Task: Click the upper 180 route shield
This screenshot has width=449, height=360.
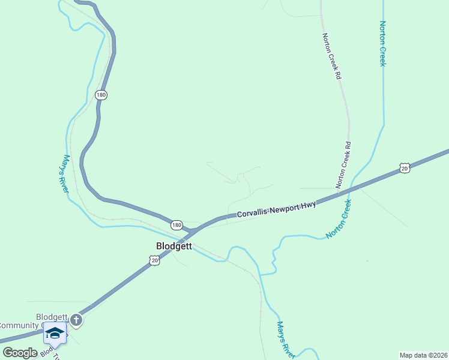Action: click(x=101, y=95)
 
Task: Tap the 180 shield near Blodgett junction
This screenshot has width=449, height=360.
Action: click(x=176, y=225)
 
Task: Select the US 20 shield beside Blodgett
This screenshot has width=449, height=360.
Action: click(x=154, y=260)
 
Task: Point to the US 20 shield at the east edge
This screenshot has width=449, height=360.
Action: click(x=405, y=169)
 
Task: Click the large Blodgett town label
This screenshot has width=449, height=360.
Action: click(x=173, y=245)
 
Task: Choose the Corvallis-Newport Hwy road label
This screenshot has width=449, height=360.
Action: click(x=276, y=209)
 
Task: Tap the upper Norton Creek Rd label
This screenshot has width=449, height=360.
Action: click(x=331, y=56)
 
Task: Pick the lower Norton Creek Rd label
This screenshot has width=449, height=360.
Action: click(x=344, y=165)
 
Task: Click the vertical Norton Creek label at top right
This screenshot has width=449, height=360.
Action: click(x=382, y=44)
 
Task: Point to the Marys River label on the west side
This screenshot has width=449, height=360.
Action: click(x=65, y=174)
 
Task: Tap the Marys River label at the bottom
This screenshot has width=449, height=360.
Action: click(x=285, y=339)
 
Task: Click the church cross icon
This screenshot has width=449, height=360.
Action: click(x=76, y=320)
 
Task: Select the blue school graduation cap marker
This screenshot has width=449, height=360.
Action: click(x=55, y=334)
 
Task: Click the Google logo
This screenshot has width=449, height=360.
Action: click(x=20, y=353)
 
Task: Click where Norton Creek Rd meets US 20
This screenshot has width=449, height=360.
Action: click(x=341, y=193)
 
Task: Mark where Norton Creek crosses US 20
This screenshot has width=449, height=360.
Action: click(x=354, y=188)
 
